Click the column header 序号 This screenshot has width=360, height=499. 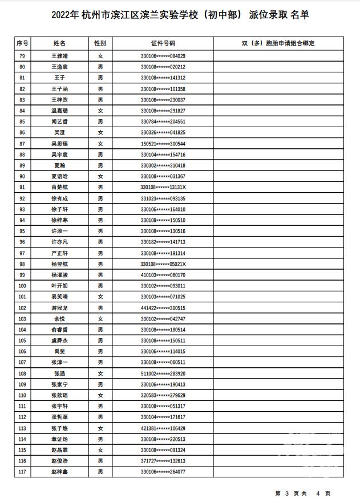tap(22, 43)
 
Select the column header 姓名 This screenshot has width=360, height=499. tap(59, 43)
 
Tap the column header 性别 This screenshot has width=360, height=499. tap(100, 43)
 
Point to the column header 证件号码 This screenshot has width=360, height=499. tap(163, 43)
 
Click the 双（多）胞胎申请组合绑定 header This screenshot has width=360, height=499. tap(278, 43)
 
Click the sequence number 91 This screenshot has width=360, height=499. tap(22, 187)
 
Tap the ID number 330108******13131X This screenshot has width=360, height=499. tap(163, 187)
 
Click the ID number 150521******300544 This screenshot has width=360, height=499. tap(163, 144)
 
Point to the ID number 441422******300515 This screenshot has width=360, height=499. tap(163, 308)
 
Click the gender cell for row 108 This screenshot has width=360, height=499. tap(100, 374)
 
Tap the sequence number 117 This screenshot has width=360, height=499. tap(22, 472)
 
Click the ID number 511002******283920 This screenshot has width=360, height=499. tap(163, 374)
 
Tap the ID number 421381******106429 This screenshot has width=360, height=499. tap(163, 428)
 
